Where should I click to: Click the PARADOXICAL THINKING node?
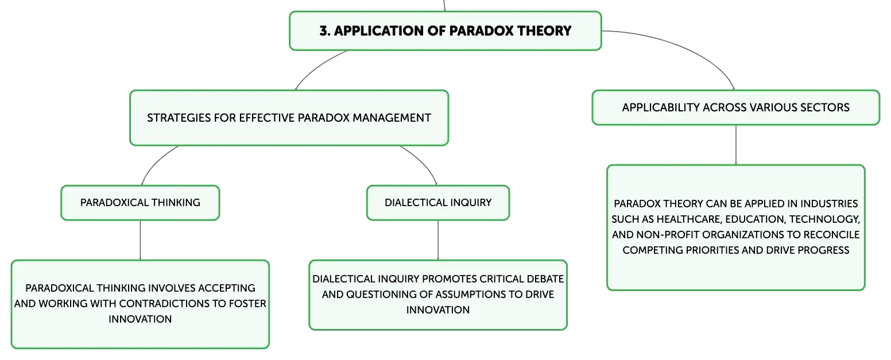tap(140, 203)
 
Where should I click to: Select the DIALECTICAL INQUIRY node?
tap(438, 203)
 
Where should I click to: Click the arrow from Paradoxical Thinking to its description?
tap(140, 240)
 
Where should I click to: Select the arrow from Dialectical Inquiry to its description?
tap(438, 240)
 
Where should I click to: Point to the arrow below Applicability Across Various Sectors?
tap(736, 145)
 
